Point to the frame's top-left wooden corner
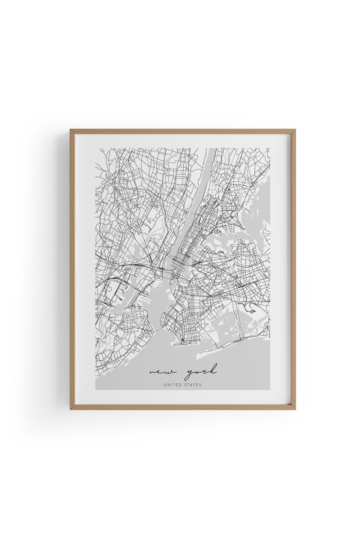(72, 131)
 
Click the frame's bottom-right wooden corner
(289, 409)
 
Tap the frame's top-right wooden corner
(289, 131)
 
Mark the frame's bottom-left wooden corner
(72, 409)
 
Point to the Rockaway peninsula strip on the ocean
(228, 348)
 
